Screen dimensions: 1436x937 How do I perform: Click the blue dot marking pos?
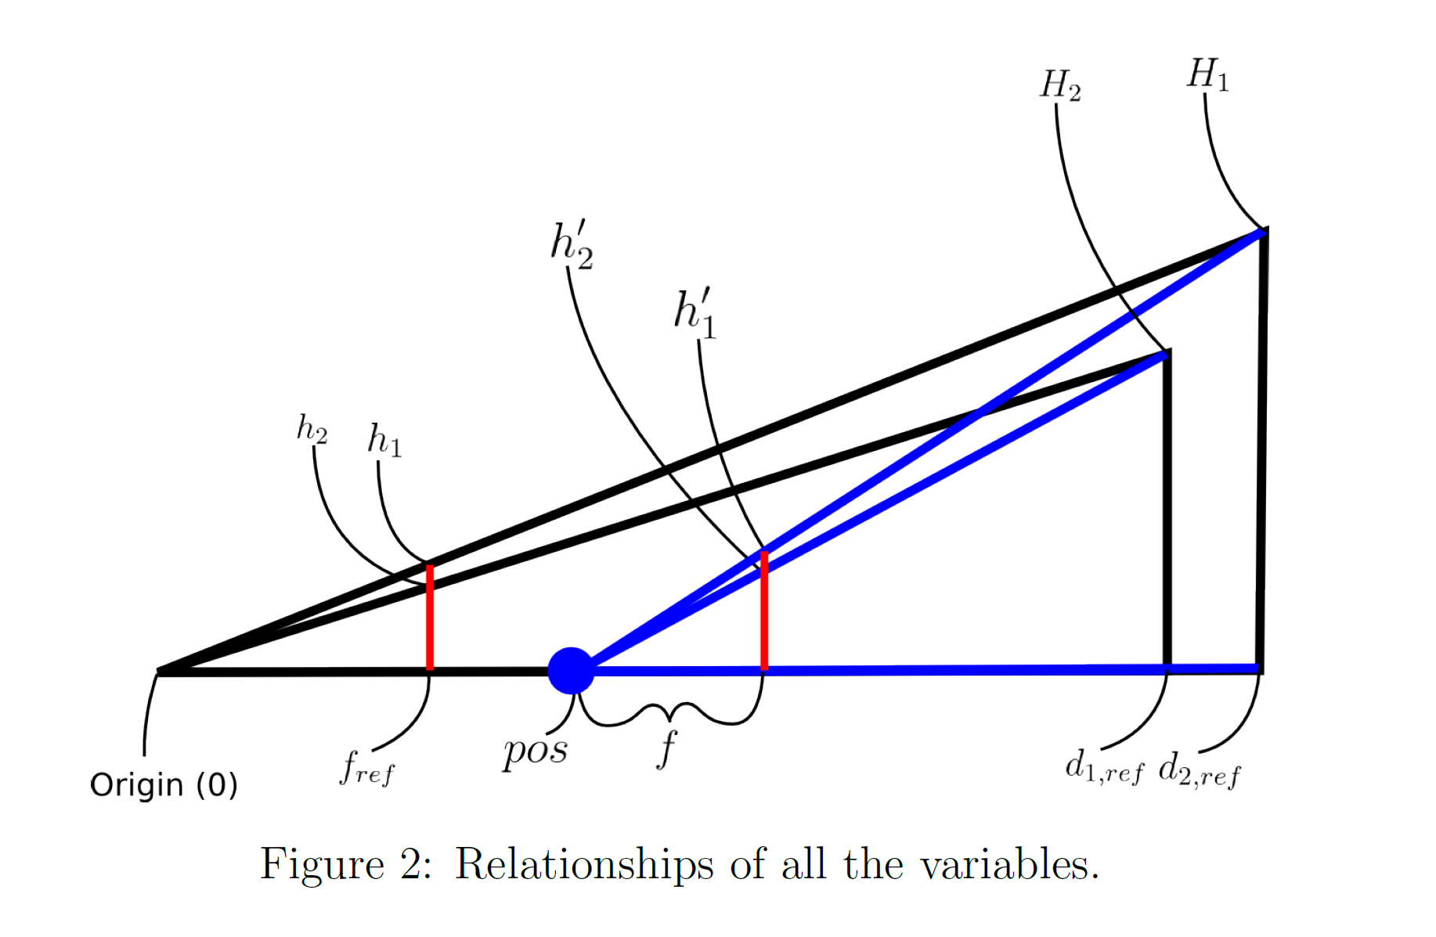coord(571,671)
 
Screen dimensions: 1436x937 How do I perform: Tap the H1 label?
coord(1207,76)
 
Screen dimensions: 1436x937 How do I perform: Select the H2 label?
coord(1060,85)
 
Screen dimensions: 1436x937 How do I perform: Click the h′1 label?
coord(695,313)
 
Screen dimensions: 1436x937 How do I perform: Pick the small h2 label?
coord(312,429)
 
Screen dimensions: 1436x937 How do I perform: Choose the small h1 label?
coord(384,440)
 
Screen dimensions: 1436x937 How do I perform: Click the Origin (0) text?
coord(164,784)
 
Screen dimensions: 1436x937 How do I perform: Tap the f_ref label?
coord(366,767)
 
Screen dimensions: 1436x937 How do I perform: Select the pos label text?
coord(536,751)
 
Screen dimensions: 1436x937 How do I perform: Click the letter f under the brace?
coord(666,748)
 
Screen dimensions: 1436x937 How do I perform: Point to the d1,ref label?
coord(1104,767)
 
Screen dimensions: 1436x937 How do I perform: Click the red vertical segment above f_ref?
coord(430,618)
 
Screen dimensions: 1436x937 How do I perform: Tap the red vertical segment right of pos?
coord(764,611)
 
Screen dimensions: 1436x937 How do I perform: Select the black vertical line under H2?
coord(1167,509)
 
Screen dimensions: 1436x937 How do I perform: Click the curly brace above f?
coord(668,713)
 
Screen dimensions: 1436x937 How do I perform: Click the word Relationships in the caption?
coord(584,865)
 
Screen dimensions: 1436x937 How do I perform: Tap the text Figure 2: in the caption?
coord(345,865)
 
